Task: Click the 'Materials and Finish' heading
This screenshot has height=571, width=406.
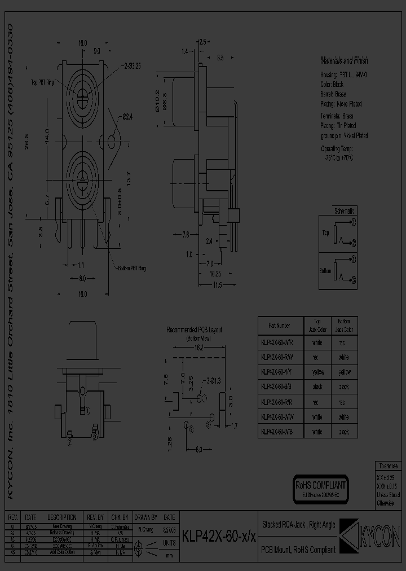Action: [x=344, y=60]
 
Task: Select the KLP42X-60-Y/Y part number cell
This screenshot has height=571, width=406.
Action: [x=276, y=372]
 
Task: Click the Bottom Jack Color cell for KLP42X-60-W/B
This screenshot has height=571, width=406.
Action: [x=344, y=432]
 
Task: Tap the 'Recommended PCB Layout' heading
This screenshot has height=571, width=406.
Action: [x=195, y=330]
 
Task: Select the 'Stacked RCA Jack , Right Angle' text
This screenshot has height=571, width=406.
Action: [x=299, y=525]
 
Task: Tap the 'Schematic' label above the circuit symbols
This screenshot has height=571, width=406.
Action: [x=345, y=211]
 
